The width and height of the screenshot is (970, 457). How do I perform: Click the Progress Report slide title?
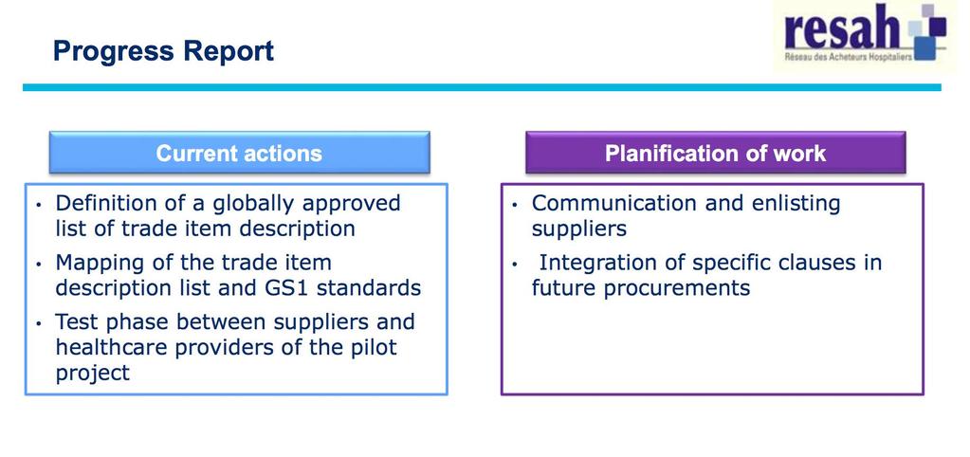click(x=163, y=50)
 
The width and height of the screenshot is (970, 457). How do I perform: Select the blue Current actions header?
click(x=239, y=153)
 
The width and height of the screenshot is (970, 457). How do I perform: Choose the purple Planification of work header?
click(x=715, y=153)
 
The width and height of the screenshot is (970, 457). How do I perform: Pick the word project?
click(x=93, y=373)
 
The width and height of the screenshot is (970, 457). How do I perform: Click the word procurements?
click(x=676, y=289)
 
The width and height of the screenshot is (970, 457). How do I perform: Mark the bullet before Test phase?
click(x=40, y=323)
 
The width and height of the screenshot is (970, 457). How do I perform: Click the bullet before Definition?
click(x=40, y=205)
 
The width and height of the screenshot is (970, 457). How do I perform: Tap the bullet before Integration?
click(x=515, y=265)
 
